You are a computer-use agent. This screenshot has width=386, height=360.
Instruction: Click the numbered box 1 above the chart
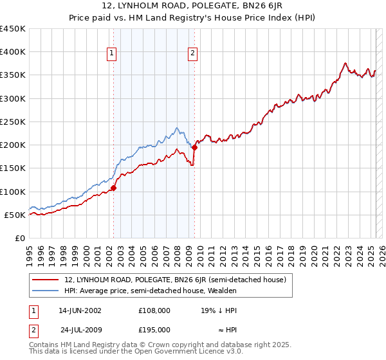click(112, 53)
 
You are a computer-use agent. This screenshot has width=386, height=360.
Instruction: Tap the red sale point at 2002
click(113, 188)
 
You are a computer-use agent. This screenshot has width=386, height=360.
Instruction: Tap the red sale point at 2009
click(194, 147)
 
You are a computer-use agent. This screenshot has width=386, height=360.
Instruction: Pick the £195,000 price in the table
click(154, 329)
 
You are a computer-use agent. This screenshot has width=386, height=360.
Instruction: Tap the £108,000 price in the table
click(154, 310)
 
